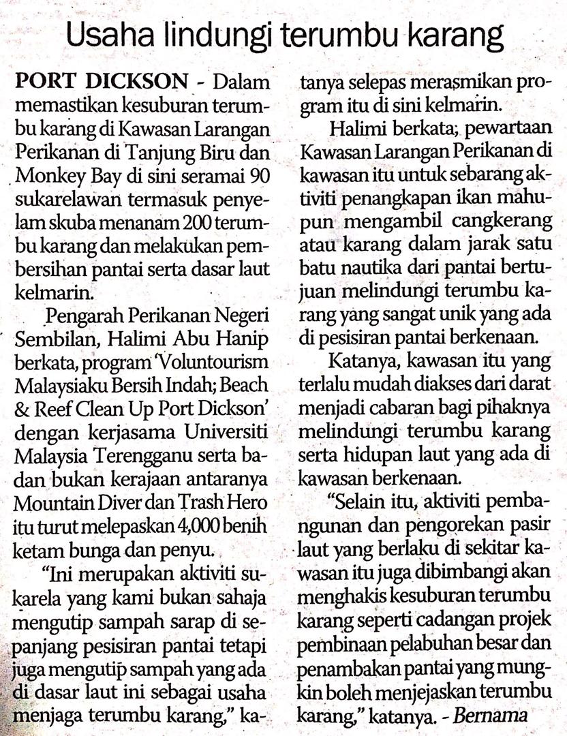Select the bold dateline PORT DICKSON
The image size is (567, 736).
point(101,83)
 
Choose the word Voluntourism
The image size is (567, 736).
point(212,363)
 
